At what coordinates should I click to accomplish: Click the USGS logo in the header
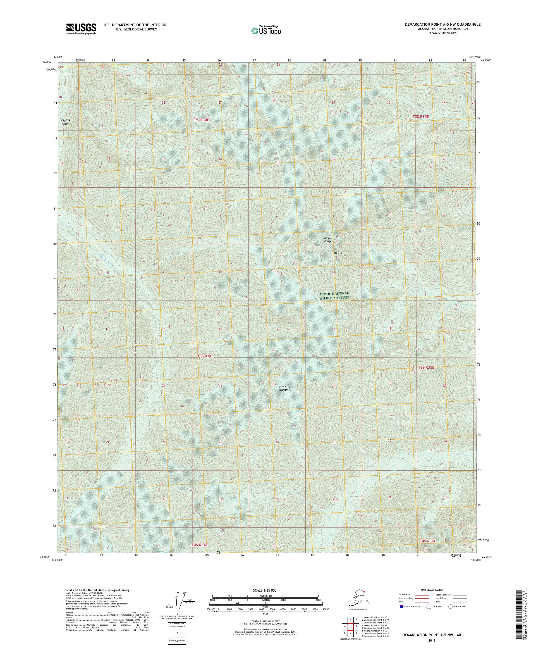pyautogui.click(x=81, y=29)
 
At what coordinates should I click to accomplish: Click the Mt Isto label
pyautogui.click(x=338, y=253)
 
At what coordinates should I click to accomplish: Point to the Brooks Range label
pyautogui.click(x=327, y=239)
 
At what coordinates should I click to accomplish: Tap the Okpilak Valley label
pyautogui.click(x=65, y=122)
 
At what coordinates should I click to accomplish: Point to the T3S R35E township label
pyautogui.click(x=426, y=368)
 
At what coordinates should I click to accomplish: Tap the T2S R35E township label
pyautogui.click(x=421, y=117)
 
